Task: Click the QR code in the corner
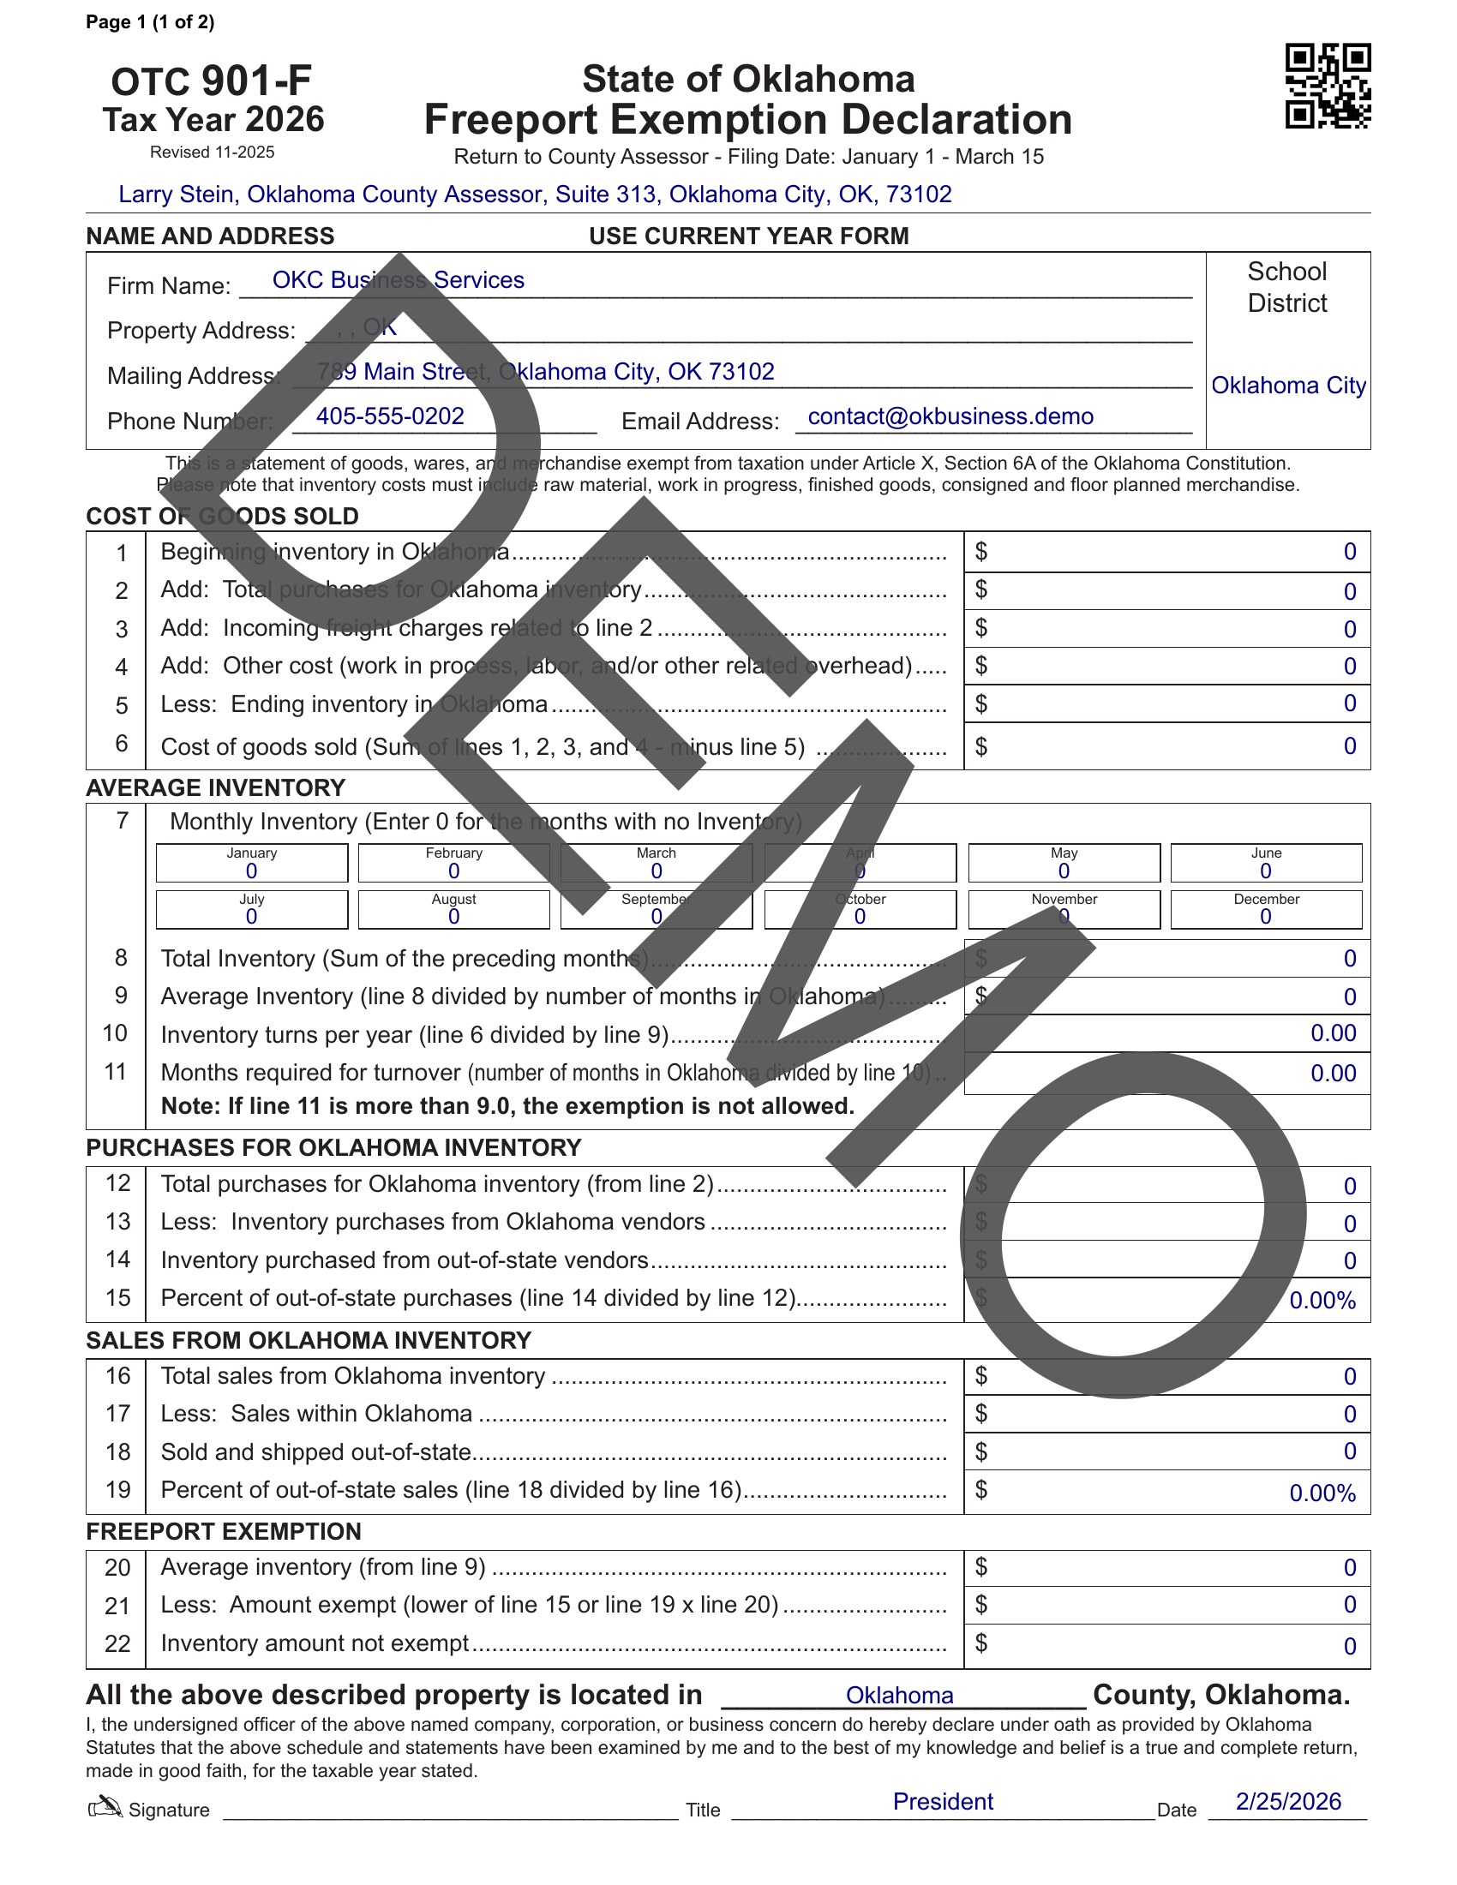1328,87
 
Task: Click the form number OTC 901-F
212,81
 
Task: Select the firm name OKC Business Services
398,280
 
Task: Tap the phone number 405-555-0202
389,417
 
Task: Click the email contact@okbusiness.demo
950,417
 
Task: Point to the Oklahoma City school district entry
1288,386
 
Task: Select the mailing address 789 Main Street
544,372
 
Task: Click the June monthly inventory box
1265,863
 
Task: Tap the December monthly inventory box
1265,910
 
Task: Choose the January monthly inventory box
251,863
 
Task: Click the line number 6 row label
122,744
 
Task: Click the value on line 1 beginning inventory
1349,553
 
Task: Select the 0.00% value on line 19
1322,1494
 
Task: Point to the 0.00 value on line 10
1333,1033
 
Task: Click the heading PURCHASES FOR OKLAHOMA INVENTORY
333,1148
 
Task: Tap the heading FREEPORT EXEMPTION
223,1532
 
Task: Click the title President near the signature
943,1802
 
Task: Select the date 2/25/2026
1288,1802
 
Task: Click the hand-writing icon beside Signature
105,1806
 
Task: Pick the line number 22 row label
117,1644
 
